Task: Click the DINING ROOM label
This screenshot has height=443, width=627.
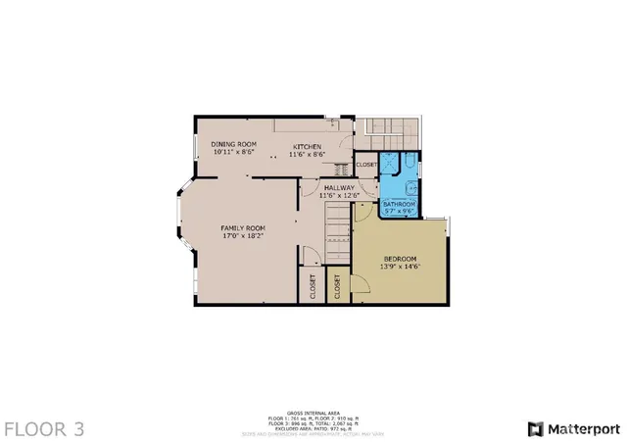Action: pyautogui.click(x=233, y=144)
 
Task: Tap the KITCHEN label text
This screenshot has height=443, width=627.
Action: pyautogui.click(x=308, y=146)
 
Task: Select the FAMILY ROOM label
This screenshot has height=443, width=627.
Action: pyautogui.click(x=242, y=227)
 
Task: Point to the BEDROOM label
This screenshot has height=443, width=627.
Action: pyautogui.click(x=400, y=259)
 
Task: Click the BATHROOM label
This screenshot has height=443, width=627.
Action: pyautogui.click(x=399, y=203)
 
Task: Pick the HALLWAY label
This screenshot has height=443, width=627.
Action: pyautogui.click(x=339, y=187)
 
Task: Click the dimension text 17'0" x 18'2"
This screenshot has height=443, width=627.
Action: pyautogui.click(x=242, y=236)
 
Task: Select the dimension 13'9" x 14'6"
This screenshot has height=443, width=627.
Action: pyautogui.click(x=400, y=268)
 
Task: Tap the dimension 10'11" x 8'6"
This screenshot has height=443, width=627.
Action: pyautogui.click(x=233, y=153)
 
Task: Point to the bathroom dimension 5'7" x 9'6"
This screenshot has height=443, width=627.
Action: pyautogui.click(x=399, y=211)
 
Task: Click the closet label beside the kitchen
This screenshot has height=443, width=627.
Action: pyautogui.click(x=366, y=165)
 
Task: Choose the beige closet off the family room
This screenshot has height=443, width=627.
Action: pyautogui.click(x=313, y=285)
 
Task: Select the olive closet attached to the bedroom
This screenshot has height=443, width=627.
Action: pyautogui.click(x=337, y=285)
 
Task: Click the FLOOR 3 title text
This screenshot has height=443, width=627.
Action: pyautogui.click(x=44, y=428)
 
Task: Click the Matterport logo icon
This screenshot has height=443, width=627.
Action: pyautogui.click(x=535, y=428)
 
